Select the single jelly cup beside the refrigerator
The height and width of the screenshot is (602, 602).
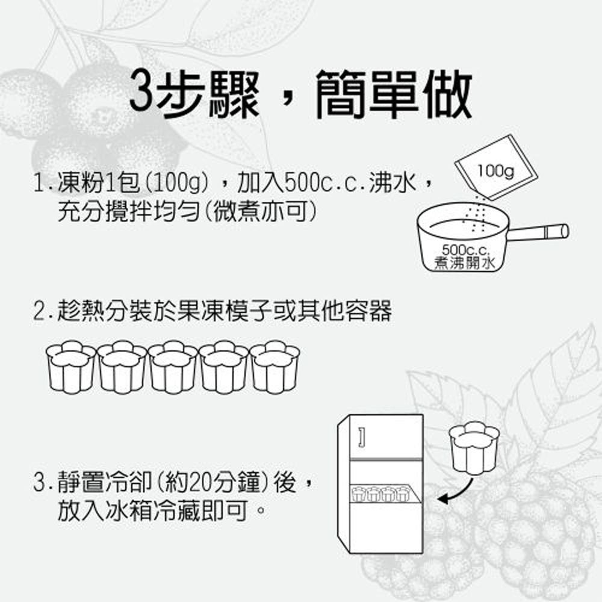tap(474, 448)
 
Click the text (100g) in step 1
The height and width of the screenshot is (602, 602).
tap(177, 182)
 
